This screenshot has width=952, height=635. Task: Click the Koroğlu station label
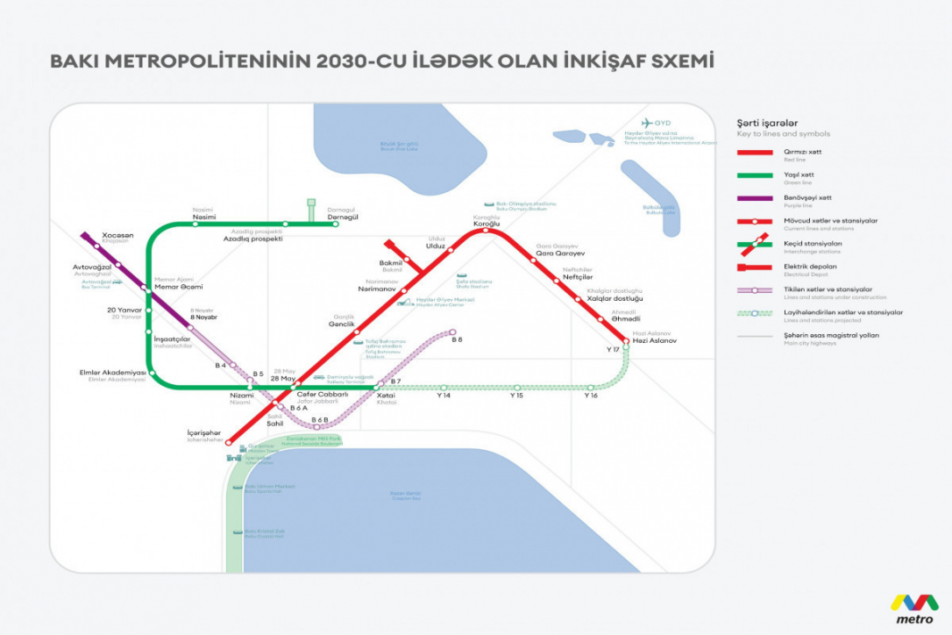[x=487, y=224]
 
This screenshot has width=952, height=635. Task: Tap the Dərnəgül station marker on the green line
[x=336, y=224]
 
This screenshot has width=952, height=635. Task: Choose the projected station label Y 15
[x=517, y=396]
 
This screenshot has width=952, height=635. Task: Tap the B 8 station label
[x=457, y=339]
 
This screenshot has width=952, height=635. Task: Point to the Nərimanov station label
[x=378, y=288]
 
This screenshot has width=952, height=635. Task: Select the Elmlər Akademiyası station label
[x=111, y=373]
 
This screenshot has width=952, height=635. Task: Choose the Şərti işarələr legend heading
[x=767, y=124]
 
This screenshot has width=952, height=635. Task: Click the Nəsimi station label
[x=204, y=217]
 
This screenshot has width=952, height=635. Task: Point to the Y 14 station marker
[x=444, y=387]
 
